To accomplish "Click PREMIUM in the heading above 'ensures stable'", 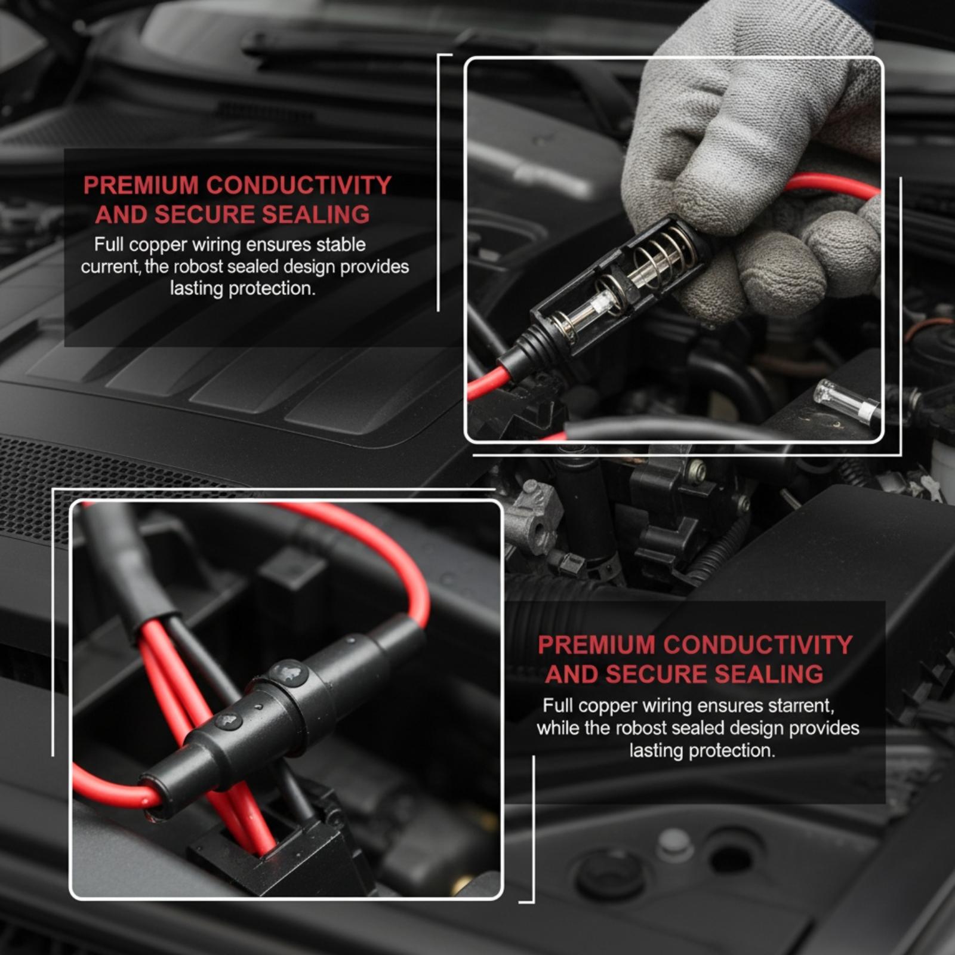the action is tap(141, 186).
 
